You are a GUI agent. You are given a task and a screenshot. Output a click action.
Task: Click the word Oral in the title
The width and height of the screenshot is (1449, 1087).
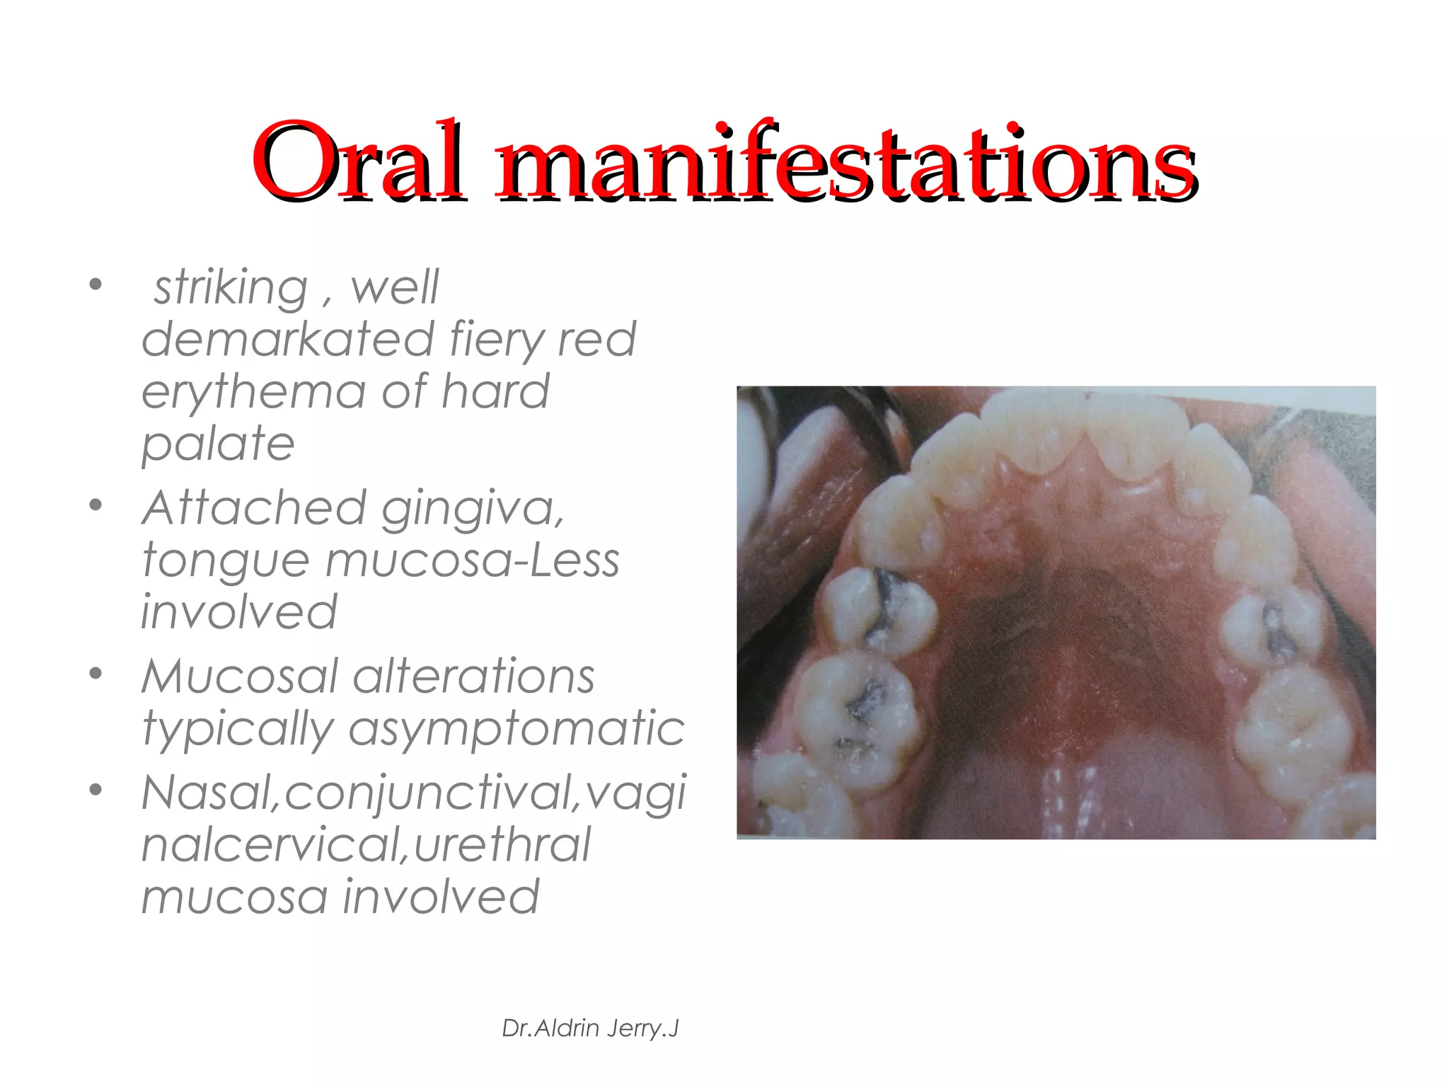tap(359, 161)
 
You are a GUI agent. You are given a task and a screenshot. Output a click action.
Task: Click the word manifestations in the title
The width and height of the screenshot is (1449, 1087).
tap(846, 161)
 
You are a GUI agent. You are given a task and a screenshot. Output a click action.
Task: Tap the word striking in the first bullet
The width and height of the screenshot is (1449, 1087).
tap(231, 288)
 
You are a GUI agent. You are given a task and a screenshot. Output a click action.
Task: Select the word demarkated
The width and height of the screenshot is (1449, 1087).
tap(287, 339)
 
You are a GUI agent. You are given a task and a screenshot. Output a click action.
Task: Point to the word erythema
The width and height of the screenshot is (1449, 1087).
tap(254, 392)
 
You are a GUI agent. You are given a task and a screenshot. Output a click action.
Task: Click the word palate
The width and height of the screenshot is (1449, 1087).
tap(218, 444)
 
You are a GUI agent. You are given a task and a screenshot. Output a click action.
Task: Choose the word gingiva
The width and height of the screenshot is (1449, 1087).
tap(473, 509)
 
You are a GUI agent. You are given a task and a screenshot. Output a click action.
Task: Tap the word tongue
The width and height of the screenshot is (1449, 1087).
tap(226, 560)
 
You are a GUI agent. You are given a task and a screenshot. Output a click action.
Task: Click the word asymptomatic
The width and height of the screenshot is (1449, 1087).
tap(516, 728)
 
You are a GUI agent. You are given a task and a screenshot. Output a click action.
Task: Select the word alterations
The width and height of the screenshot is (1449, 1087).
tap(473, 677)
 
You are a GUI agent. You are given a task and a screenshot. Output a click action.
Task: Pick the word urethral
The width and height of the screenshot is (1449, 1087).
tap(502, 844)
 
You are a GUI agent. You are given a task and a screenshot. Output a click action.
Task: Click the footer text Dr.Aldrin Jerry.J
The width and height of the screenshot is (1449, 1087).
tap(590, 1028)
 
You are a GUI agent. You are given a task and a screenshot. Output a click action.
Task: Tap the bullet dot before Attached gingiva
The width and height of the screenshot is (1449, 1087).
tap(96, 505)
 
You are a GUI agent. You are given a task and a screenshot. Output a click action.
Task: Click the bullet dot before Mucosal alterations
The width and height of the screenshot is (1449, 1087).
tap(96, 673)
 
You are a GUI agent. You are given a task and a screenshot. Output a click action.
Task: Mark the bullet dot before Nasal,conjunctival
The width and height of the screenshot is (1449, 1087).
tap(96, 789)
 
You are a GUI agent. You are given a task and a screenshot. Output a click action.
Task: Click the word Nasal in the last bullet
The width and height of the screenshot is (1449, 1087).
tap(206, 793)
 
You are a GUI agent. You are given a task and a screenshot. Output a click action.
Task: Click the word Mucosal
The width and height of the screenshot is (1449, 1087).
tap(240, 677)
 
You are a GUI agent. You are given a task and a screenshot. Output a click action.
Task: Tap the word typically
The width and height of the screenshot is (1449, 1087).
tap(238, 730)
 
